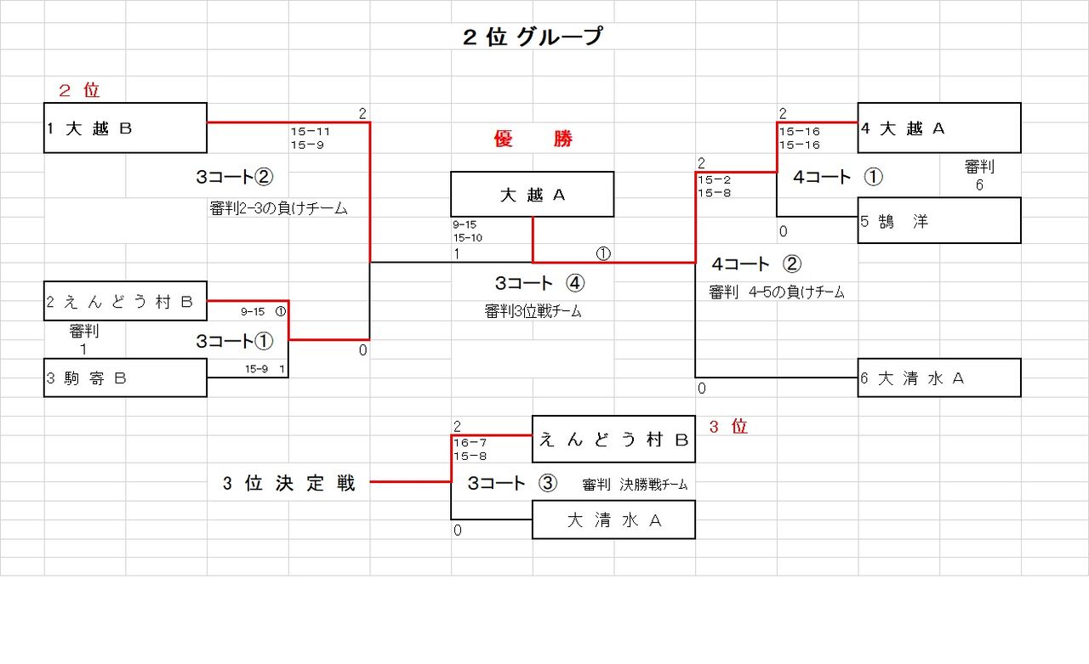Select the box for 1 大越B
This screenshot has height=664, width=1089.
click(x=125, y=128)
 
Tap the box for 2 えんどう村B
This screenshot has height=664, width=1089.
click(x=125, y=301)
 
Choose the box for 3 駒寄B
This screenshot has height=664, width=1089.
click(x=125, y=377)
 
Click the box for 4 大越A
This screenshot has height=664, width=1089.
click(x=938, y=128)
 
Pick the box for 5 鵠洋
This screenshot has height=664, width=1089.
click(x=938, y=221)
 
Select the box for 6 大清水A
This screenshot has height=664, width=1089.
click(x=938, y=377)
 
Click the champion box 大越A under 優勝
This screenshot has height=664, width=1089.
click(x=532, y=195)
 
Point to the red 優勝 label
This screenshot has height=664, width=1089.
click(x=533, y=139)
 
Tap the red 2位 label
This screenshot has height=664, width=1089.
click(x=79, y=90)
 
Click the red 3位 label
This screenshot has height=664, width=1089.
click(x=727, y=427)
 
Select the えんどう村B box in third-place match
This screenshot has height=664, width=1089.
click(x=613, y=439)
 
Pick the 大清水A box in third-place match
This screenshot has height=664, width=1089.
click(x=613, y=519)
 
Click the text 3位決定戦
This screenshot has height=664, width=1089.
click(x=289, y=484)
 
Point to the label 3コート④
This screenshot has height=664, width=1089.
click(x=539, y=283)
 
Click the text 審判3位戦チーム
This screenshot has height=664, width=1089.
click(x=533, y=311)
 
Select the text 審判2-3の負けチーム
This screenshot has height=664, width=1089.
click(x=278, y=208)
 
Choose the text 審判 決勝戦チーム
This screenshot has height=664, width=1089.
click(x=635, y=485)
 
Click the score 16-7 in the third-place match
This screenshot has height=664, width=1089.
click(x=470, y=443)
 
